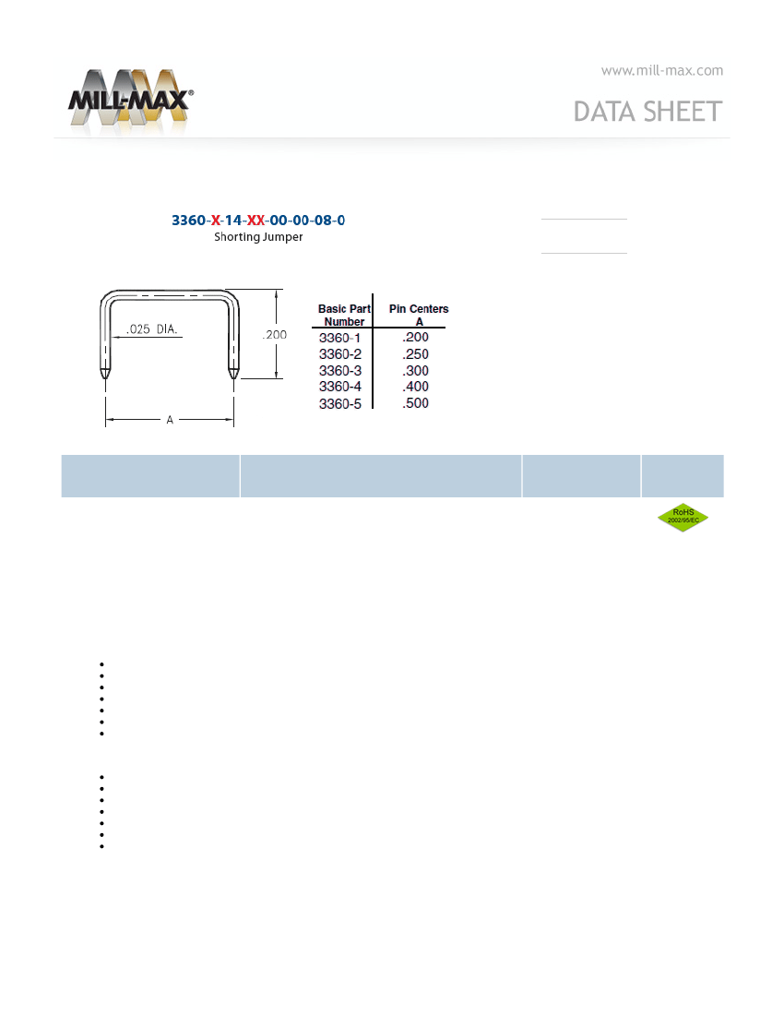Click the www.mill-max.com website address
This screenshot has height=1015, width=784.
pyautogui.click(x=661, y=70)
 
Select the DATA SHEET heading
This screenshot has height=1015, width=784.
pyautogui.click(x=647, y=112)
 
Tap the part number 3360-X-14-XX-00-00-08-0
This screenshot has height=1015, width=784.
pyautogui.click(x=258, y=221)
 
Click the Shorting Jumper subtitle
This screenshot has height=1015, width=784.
pyautogui.click(x=258, y=237)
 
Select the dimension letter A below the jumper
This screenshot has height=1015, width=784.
pyautogui.click(x=170, y=420)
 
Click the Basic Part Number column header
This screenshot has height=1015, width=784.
pyautogui.click(x=344, y=315)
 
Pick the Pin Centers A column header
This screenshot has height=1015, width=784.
pyautogui.click(x=418, y=315)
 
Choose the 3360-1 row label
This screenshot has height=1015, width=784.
pyautogui.click(x=340, y=338)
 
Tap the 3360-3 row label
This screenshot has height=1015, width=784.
pyautogui.click(x=340, y=370)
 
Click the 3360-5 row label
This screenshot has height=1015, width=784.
pyautogui.click(x=340, y=404)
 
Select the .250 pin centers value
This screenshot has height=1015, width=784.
pyautogui.click(x=415, y=354)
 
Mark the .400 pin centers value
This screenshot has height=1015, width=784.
pyautogui.click(x=415, y=387)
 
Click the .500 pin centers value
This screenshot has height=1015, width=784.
pyautogui.click(x=415, y=404)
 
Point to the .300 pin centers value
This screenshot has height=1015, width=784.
pyautogui.click(x=415, y=370)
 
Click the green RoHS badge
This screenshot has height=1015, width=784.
pyautogui.click(x=683, y=518)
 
